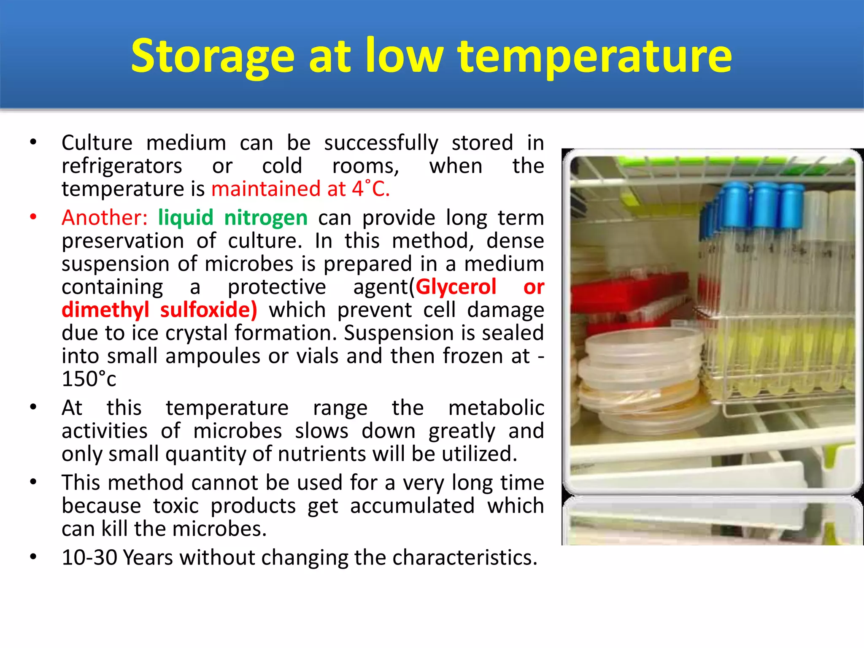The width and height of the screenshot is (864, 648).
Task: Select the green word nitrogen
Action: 266,218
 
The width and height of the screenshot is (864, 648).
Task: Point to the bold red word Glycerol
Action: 456,287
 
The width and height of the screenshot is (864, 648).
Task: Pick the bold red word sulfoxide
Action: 208,310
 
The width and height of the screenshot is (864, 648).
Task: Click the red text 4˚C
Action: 371,189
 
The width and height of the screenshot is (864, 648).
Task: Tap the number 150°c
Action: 89,379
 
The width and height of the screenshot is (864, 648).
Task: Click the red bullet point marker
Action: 33,217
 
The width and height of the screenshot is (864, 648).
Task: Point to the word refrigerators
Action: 122,166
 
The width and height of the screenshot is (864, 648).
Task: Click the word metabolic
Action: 496,408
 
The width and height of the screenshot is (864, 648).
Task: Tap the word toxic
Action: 175,506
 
